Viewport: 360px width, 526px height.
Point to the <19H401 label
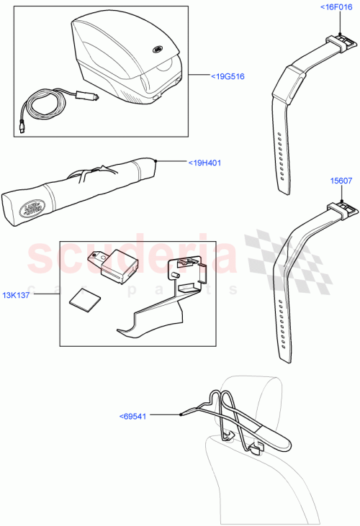(x=204, y=163)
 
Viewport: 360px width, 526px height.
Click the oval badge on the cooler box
(x=156, y=50)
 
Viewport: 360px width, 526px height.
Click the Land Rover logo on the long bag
(x=31, y=209)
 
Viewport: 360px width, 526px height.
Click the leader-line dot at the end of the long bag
(x=156, y=160)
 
